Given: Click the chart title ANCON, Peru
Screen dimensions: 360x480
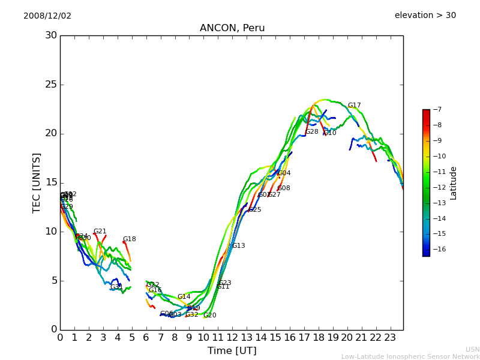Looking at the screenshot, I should tap(232, 28).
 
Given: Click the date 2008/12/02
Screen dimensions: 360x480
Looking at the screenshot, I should tap(47, 16).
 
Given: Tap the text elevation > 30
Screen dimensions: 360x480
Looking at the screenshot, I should tap(425, 16).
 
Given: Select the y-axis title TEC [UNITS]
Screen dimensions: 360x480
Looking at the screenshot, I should tap(37, 182).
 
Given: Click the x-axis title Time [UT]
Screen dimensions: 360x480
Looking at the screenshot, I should tap(232, 350).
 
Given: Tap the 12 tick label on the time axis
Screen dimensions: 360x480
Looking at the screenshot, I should tap(232, 338).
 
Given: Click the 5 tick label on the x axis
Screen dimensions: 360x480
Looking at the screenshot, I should tap(131, 338).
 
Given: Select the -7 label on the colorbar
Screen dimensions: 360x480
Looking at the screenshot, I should tap(436, 109).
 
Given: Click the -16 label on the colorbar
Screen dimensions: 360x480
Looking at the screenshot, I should tap(438, 249).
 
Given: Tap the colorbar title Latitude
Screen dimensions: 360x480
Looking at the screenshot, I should tap(454, 182).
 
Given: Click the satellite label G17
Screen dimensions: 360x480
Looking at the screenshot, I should tap(354, 106).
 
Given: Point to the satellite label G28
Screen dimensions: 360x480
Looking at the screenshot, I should tap(312, 132).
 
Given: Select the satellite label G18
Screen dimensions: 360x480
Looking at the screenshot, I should tap(129, 239).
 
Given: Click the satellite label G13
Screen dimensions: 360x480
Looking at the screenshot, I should tap(238, 246).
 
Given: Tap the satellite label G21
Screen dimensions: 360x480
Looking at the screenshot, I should tap(100, 232).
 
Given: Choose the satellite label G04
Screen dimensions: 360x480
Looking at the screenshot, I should tap(284, 173).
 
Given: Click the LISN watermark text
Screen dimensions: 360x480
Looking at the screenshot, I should tap(472, 349).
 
